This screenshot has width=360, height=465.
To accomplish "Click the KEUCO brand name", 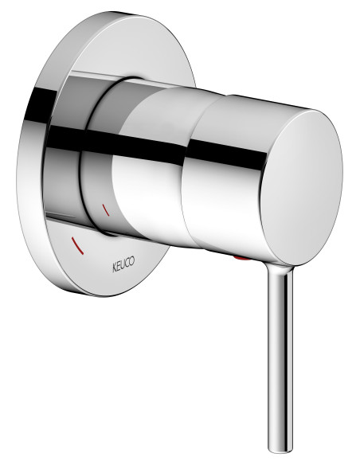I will click(118, 265).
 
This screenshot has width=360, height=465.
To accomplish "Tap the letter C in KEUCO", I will click(124, 268).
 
